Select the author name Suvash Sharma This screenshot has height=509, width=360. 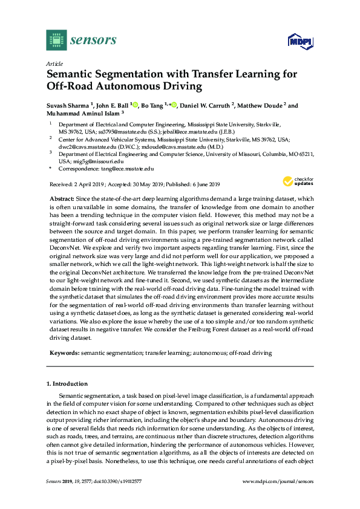coord(66,105)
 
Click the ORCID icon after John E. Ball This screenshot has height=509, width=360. coord(135,105)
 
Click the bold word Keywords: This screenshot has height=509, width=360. coord(63,352)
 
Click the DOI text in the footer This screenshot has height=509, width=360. coord(118,481)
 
